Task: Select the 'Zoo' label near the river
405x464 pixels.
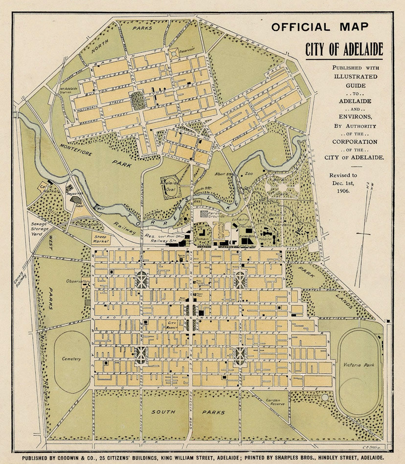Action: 248,173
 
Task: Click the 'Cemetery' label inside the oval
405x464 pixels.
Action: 71,359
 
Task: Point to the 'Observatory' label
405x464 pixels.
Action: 79,281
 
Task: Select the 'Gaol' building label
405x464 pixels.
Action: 79,207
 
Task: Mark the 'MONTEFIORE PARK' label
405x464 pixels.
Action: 103,155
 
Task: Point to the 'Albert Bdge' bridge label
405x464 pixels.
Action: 223,173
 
